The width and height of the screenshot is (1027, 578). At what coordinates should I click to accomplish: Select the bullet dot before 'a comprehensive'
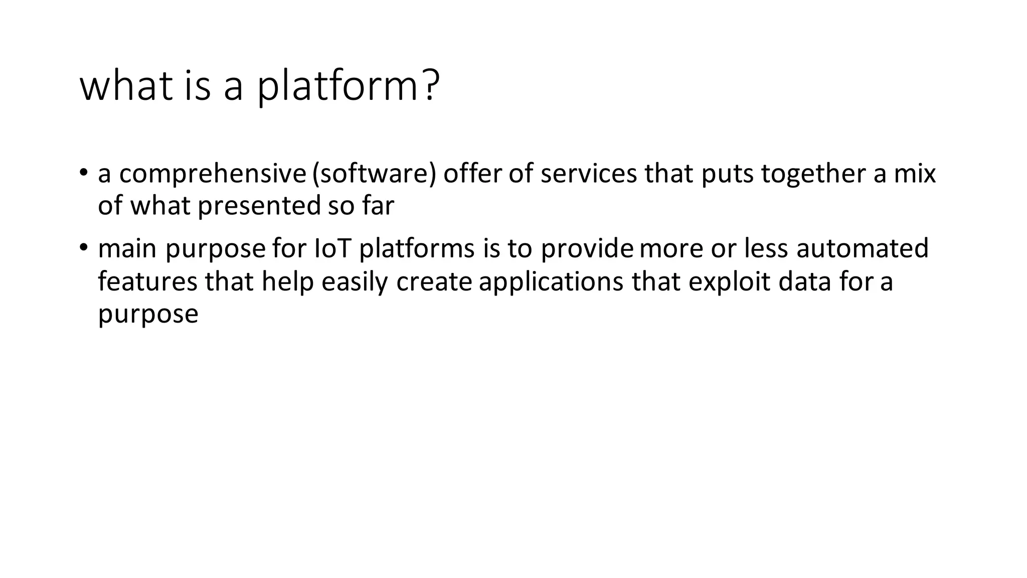[x=83, y=172]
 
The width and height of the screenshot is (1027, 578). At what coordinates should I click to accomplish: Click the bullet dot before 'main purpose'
[x=83, y=247]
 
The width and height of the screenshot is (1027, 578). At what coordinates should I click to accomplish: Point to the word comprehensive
[x=212, y=174]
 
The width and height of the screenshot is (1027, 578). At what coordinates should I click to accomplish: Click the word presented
[x=259, y=206]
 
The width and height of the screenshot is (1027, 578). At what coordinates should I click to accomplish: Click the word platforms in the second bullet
[x=417, y=249]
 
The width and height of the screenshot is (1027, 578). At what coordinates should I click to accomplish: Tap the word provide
[x=587, y=249]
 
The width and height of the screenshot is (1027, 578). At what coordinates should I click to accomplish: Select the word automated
[x=862, y=248]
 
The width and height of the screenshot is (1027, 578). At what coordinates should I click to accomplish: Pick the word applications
[x=551, y=281]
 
